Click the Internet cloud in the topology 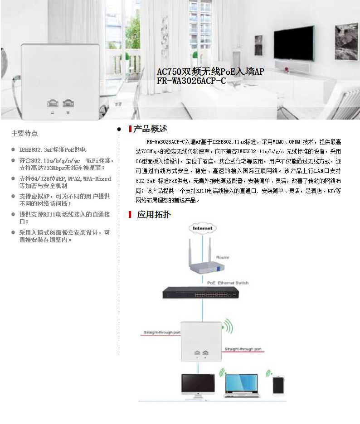click(203, 228)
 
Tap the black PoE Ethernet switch click(200, 293)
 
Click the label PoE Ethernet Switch click(228, 283)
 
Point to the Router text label click(223, 257)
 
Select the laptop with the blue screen click(242, 386)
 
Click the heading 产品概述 click(151, 129)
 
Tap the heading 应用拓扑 click(154, 215)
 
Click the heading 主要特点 click(24, 133)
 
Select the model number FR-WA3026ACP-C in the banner click(191, 81)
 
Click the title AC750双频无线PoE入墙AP click(210, 72)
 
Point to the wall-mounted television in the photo click(294, 43)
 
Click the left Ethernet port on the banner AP click(53, 103)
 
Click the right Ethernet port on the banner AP click(68, 103)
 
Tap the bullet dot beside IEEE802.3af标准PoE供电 click(13, 149)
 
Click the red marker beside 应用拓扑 click(130, 215)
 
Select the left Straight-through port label click(162, 332)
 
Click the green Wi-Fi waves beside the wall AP click(228, 327)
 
